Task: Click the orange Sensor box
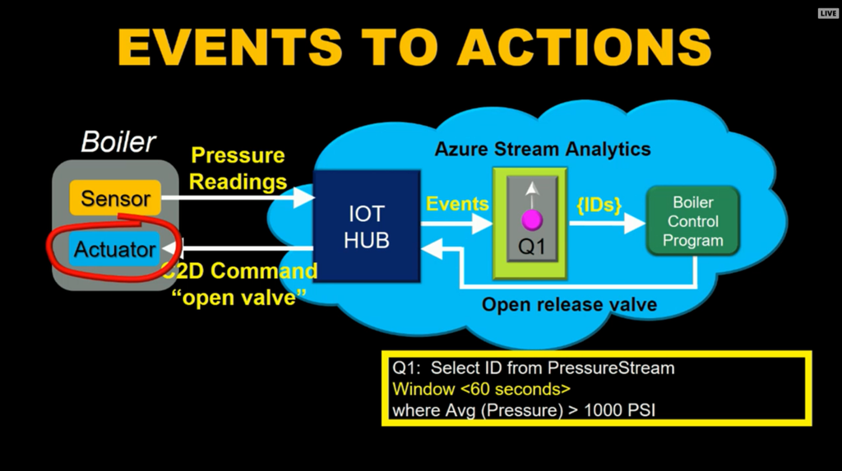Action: pyautogui.click(x=115, y=197)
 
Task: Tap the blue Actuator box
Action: pyautogui.click(x=114, y=249)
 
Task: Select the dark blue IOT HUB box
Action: pyautogui.click(x=367, y=226)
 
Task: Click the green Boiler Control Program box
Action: pyautogui.click(x=692, y=221)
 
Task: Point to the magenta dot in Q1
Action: pyautogui.click(x=532, y=219)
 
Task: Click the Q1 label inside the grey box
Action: pyautogui.click(x=532, y=247)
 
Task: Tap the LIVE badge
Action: pyautogui.click(x=828, y=13)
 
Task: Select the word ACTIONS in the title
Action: pyautogui.click(x=585, y=47)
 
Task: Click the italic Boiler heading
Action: pyautogui.click(x=118, y=142)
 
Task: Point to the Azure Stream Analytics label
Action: pyautogui.click(x=543, y=149)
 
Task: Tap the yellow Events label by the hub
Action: pyautogui.click(x=457, y=204)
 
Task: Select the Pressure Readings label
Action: pyautogui.click(x=238, y=169)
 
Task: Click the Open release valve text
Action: pyautogui.click(x=569, y=304)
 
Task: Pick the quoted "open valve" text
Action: pyautogui.click(x=239, y=297)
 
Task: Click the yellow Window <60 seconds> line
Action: pyautogui.click(x=481, y=389)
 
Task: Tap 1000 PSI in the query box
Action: pyautogui.click(x=619, y=410)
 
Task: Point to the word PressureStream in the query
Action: pyautogui.click(x=611, y=368)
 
